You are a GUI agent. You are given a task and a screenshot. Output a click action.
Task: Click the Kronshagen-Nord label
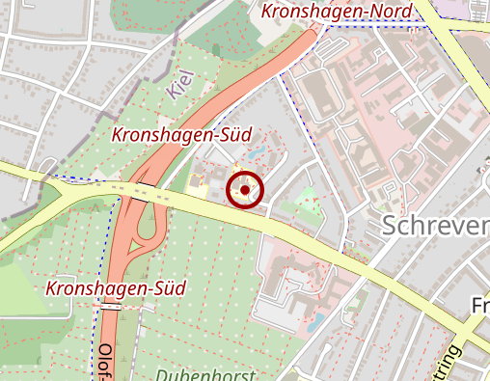337,12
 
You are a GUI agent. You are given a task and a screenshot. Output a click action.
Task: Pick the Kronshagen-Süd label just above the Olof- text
115,288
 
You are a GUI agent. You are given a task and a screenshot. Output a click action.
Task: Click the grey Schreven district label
435,226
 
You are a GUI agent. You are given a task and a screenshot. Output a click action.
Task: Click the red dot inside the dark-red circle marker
245,189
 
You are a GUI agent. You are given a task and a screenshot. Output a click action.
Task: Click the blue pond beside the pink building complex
315,320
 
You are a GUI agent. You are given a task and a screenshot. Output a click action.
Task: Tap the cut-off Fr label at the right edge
479,306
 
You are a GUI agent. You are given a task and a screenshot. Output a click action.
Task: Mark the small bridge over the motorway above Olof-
111,308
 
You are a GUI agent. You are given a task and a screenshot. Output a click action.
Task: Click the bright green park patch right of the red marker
309,203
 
